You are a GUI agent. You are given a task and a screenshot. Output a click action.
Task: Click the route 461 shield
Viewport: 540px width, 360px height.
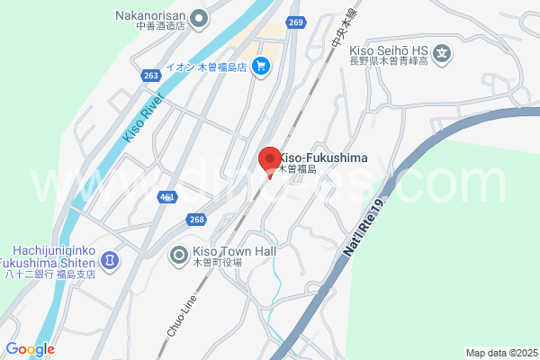166,196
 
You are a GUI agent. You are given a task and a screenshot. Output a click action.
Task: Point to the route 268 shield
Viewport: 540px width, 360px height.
196,220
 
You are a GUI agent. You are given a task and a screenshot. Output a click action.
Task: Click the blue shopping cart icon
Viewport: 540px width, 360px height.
261,65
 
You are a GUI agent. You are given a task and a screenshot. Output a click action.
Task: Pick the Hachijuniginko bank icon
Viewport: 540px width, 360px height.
109,260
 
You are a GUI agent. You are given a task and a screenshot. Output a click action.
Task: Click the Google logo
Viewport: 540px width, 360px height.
30,349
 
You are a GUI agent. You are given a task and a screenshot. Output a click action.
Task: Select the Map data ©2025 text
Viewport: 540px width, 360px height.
501,353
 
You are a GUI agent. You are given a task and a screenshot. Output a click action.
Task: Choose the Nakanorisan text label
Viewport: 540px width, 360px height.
151,15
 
